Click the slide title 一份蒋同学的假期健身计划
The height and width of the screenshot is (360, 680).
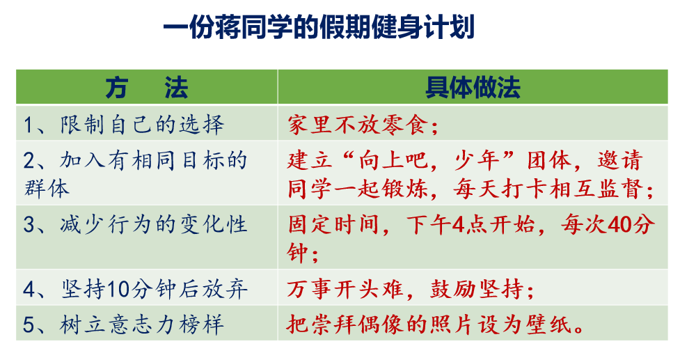(319, 27)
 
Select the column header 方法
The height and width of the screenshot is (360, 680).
(147, 88)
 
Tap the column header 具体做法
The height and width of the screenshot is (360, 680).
(473, 88)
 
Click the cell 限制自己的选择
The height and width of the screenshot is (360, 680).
(124, 125)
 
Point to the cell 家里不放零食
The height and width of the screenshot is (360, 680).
(363, 125)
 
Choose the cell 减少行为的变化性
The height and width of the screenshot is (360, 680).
(135, 225)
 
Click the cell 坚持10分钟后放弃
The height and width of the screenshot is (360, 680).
(135, 289)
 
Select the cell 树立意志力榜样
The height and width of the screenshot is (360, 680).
(124, 324)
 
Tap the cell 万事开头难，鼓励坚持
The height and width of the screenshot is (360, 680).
(410, 289)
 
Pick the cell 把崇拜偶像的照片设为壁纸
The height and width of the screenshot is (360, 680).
(436, 324)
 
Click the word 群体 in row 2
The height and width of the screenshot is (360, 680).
(47, 189)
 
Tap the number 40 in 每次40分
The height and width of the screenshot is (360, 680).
(620, 225)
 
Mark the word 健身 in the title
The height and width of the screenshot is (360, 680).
(397, 27)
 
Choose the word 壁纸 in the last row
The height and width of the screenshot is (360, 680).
(549, 324)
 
